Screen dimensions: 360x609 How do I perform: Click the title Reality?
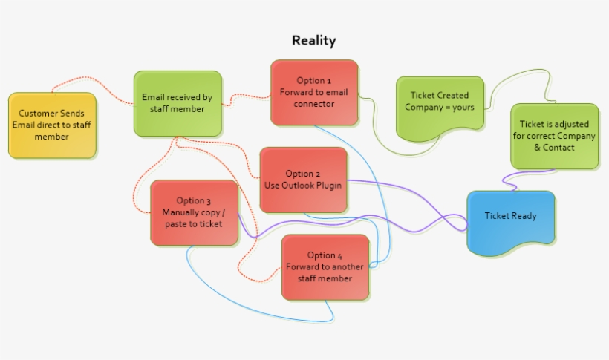pyautogui.click(x=313, y=41)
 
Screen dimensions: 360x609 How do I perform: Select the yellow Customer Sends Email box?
pyautogui.click(x=52, y=125)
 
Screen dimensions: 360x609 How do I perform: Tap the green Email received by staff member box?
pyautogui.click(x=178, y=104)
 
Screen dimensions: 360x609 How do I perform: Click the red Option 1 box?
pyautogui.click(x=314, y=93)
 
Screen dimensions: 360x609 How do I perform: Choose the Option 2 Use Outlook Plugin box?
pyautogui.click(x=303, y=180)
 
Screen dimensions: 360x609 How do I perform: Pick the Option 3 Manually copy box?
pyautogui.click(x=194, y=212)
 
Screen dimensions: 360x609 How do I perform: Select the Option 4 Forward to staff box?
pyautogui.click(x=325, y=267)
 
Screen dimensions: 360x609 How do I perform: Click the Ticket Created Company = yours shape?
pyautogui.click(x=439, y=104)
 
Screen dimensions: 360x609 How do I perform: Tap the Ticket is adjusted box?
pyautogui.click(x=554, y=136)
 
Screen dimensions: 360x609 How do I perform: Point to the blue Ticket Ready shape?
pyautogui.click(x=510, y=217)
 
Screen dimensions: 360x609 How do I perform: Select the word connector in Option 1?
pyautogui.click(x=314, y=104)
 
